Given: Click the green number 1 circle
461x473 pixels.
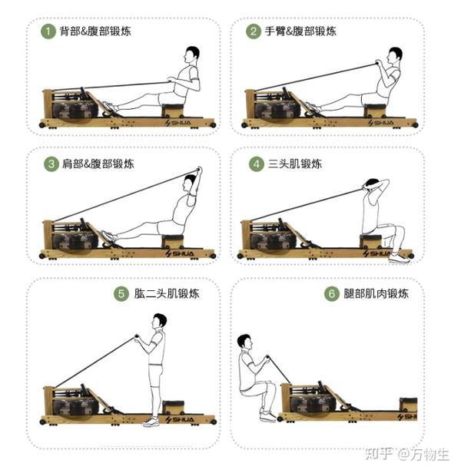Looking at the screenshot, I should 48,31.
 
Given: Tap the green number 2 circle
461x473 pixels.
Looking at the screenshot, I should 253,31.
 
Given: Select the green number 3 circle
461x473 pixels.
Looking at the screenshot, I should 51,164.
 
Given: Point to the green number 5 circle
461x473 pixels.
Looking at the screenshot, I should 121,293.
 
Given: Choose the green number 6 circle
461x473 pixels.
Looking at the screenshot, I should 331,293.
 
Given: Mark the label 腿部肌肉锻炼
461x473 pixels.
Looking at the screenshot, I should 376,293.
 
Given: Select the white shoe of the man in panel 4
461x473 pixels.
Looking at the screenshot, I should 399,257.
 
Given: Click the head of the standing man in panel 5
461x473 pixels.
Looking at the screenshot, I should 159,320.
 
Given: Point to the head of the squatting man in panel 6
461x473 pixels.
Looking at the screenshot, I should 244,342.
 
